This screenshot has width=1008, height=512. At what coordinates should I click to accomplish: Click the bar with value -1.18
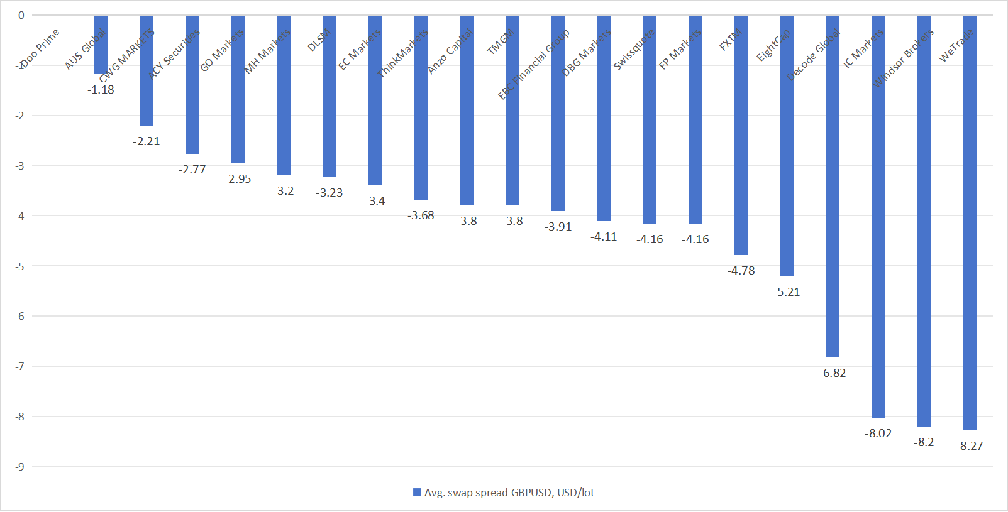pyautogui.click(x=101, y=45)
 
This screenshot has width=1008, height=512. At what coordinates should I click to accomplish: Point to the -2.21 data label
pyautogui.click(x=146, y=141)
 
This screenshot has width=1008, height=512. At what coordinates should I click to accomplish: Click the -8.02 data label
pyautogui.click(x=878, y=433)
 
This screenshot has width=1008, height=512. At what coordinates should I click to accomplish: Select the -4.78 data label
pyautogui.click(x=741, y=271)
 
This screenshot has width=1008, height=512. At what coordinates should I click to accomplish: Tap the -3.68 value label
pyautogui.click(x=421, y=215)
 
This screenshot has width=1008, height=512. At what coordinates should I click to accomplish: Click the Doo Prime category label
pyautogui.click(x=40, y=48)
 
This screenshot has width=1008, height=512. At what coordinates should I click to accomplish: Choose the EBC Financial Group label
pyautogui.click(x=534, y=64)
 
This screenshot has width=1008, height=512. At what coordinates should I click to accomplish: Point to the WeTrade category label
pyautogui.click(x=956, y=45)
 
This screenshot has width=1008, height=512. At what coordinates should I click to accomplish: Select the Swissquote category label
pyautogui.click(x=634, y=50)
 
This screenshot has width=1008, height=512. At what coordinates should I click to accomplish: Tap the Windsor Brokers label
pyautogui.click(x=903, y=58)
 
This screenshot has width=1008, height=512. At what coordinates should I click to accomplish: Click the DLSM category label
pyautogui.click(x=319, y=41)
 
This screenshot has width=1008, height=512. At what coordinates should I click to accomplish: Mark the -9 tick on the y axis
pyautogui.click(x=20, y=467)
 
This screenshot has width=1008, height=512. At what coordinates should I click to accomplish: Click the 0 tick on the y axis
pyautogui.click(x=21, y=15)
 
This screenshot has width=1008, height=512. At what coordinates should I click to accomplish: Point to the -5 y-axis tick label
pyautogui.click(x=20, y=266)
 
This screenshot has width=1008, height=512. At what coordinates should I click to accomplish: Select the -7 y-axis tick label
pyautogui.click(x=20, y=366)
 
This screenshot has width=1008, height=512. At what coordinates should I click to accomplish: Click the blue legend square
pyautogui.click(x=417, y=493)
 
